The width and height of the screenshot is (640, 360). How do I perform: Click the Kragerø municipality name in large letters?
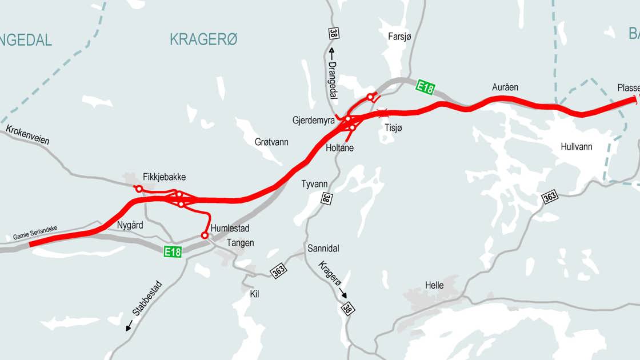point(203,39)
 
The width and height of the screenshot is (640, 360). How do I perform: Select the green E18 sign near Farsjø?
point(425,87)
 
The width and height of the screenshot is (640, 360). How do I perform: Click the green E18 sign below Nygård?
point(173,251)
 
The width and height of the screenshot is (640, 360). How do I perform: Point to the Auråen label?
point(505,87)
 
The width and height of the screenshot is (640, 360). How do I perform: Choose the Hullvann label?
point(576,147)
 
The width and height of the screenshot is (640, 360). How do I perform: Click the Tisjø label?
point(393,128)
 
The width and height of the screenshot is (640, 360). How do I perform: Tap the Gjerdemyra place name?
point(313,121)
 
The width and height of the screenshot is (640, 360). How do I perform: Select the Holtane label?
point(339,148)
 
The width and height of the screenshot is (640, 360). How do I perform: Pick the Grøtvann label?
point(271,142)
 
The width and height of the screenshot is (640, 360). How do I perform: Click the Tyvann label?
point(314,184)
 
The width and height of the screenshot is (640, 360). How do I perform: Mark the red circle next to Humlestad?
point(204,235)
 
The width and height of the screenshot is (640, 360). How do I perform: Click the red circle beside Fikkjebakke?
point(138,189)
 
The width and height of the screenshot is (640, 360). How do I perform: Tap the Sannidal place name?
point(323,249)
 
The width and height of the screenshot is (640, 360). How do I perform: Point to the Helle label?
point(434,286)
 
